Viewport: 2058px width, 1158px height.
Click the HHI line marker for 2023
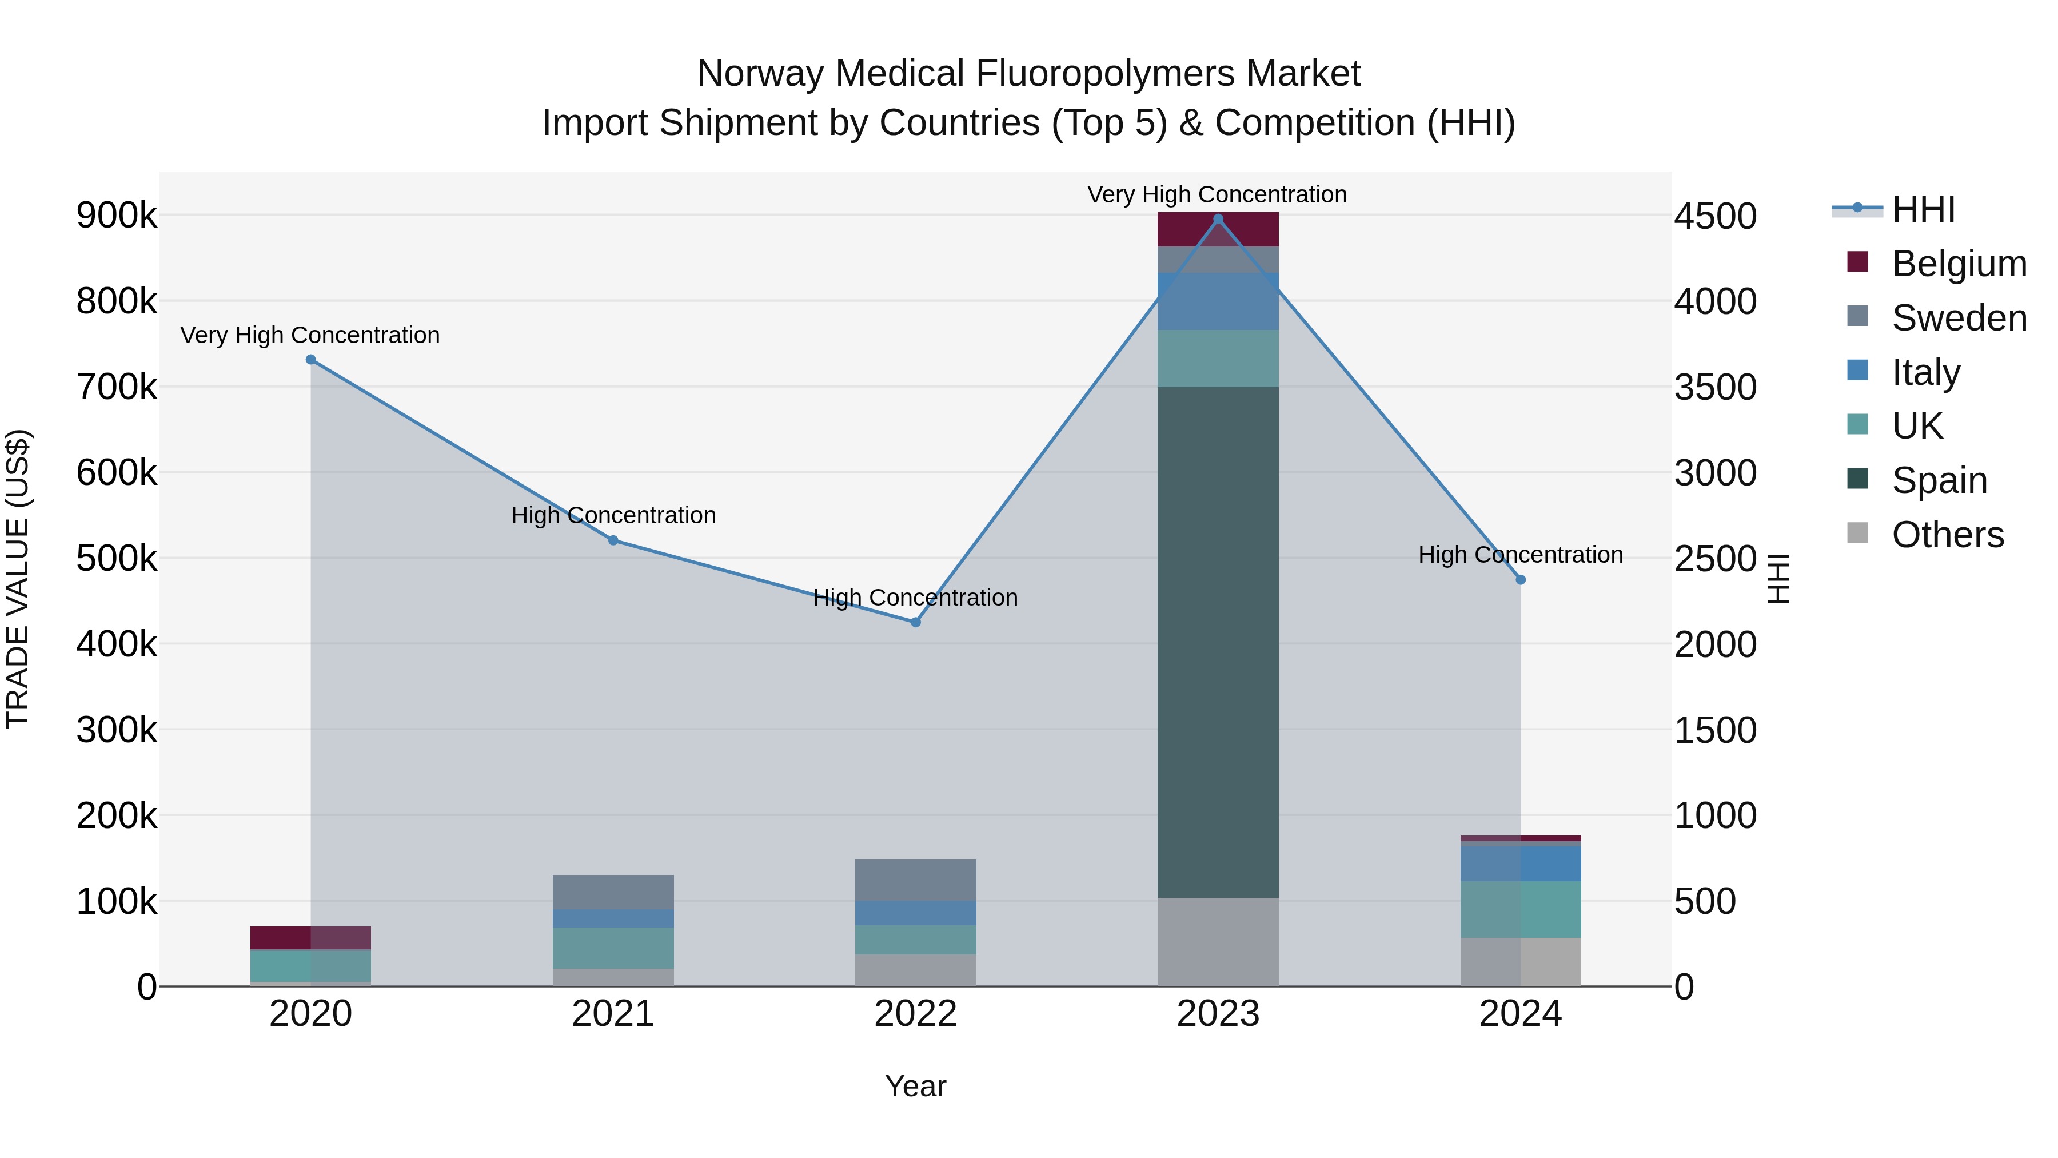[x=1218, y=219]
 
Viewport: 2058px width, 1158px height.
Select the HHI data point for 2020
[x=311, y=360]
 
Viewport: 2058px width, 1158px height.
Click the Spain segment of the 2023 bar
[x=1218, y=639]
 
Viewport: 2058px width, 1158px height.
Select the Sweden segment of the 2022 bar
[x=916, y=880]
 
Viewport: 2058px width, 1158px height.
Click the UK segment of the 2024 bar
[x=1520, y=909]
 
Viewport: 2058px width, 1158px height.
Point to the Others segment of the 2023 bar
[x=1218, y=941]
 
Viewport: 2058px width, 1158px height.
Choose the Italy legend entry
[x=1925, y=372]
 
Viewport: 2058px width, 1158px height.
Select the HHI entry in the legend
[x=1923, y=209]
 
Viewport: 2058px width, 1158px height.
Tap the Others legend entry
[x=1947, y=535]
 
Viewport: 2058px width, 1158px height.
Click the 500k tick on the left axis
[x=117, y=559]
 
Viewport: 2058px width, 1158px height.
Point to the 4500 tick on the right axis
[x=1715, y=217]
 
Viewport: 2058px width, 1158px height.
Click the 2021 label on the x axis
[x=613, y=1014]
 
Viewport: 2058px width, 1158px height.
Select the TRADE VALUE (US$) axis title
[x=18, y=579]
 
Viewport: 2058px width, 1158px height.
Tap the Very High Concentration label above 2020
[x=310, y=335]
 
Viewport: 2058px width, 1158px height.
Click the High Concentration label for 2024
[x=1519, y=555]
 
